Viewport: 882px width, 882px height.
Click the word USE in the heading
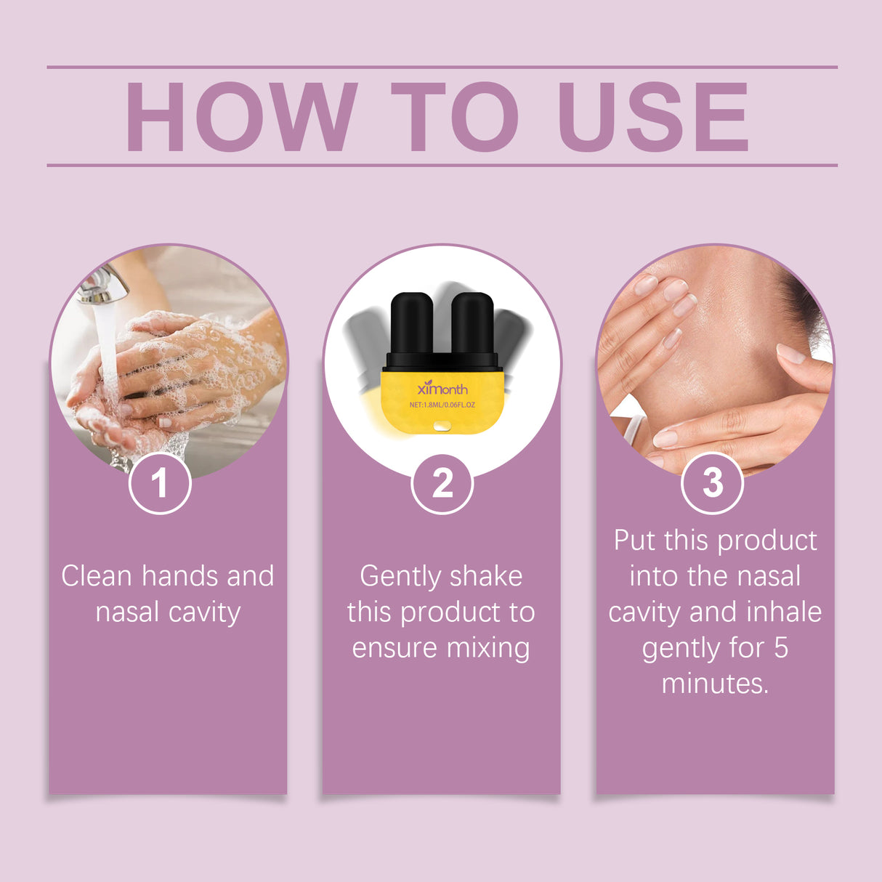pyautogui.click(x=654, y=117)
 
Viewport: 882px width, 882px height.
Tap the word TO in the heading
pyautogui.click(x=454, y=117)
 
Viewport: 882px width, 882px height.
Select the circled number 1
pyautogui.click(x=159, y=483)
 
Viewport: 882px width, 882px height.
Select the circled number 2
pyautogui.click(x=442, y=483)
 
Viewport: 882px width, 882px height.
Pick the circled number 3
pyautogui.click(x=712, y=482)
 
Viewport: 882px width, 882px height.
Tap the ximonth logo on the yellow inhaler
pyautogui.click(x=442, y=388)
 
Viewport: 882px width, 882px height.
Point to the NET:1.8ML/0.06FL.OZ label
pyautogui.click(x=442, y=405)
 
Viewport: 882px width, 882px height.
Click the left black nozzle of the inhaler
pyautogui.click(x=411, y=325)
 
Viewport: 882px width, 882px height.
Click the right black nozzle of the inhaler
pyautogui.click(x=473, y=325)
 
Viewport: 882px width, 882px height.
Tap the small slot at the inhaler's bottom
pyautogui.click(x=442, y=426)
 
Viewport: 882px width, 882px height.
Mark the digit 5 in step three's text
pyautogui.click(x=781, y=648)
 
